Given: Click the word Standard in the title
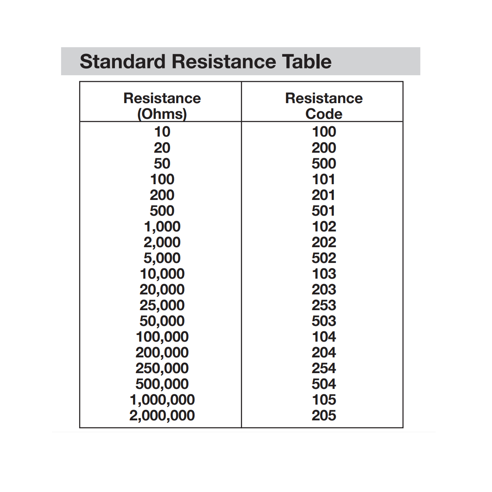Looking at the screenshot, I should [x=122, y=61].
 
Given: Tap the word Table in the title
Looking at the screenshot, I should [x=307, y=61].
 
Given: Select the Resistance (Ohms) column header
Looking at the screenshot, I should [x=162, y=105].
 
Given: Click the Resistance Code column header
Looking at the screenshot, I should [x=324, y=105].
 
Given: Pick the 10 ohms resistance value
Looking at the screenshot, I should [x=162, y=132].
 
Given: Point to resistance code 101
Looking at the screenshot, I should [x=324, y=179].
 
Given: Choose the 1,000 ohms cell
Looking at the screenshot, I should [x=162, y=227].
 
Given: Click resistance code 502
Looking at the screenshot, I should [x=324, y=258].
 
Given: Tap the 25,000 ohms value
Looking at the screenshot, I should [x=162, y=305].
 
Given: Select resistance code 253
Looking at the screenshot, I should [x=324, y=305].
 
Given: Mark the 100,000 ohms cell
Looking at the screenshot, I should [x=162, y=337].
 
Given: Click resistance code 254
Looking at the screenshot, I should [x=324, y=368].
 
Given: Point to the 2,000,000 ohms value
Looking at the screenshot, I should [x=162, y=416].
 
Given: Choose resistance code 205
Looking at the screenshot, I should [x=324, y=416].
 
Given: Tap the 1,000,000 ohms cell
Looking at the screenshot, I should [x=162, y=400].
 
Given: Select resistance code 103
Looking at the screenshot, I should [x=324, y=274].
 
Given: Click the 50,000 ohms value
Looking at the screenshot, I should [x=162, y=321].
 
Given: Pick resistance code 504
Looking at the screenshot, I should [x=324, y=384].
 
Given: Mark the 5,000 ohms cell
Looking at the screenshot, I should [x=162, y=258].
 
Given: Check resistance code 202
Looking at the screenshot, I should [x=324, y=242].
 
